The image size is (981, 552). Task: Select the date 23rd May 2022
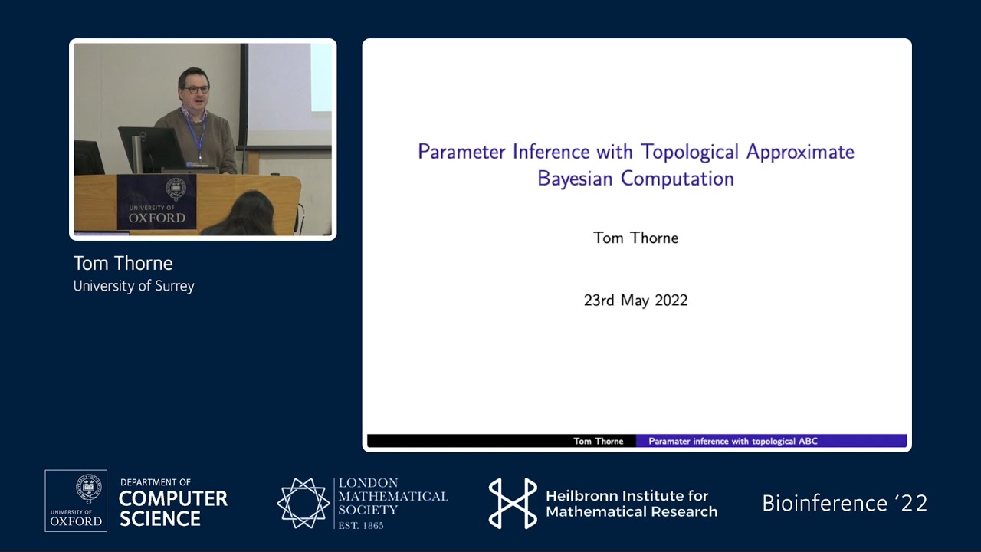point(635,301)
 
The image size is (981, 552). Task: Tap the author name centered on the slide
point(635,238)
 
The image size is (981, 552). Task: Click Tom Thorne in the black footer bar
point(598,441)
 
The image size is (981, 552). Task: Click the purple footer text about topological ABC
point(733,441)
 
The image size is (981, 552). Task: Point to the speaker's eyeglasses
point(197,90)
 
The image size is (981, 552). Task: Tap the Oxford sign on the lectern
point(156,202)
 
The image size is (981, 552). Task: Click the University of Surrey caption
point(133,286)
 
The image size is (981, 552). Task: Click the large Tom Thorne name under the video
point(123,263)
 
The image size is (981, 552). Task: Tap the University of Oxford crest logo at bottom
point(76,501)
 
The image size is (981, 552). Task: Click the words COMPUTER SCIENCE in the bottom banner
point(173,509)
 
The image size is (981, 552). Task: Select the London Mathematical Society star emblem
point(303,503)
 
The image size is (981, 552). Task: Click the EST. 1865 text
point(361,525)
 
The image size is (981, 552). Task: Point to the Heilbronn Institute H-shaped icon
point(513,503)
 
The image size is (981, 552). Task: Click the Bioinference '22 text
point(845,503)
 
